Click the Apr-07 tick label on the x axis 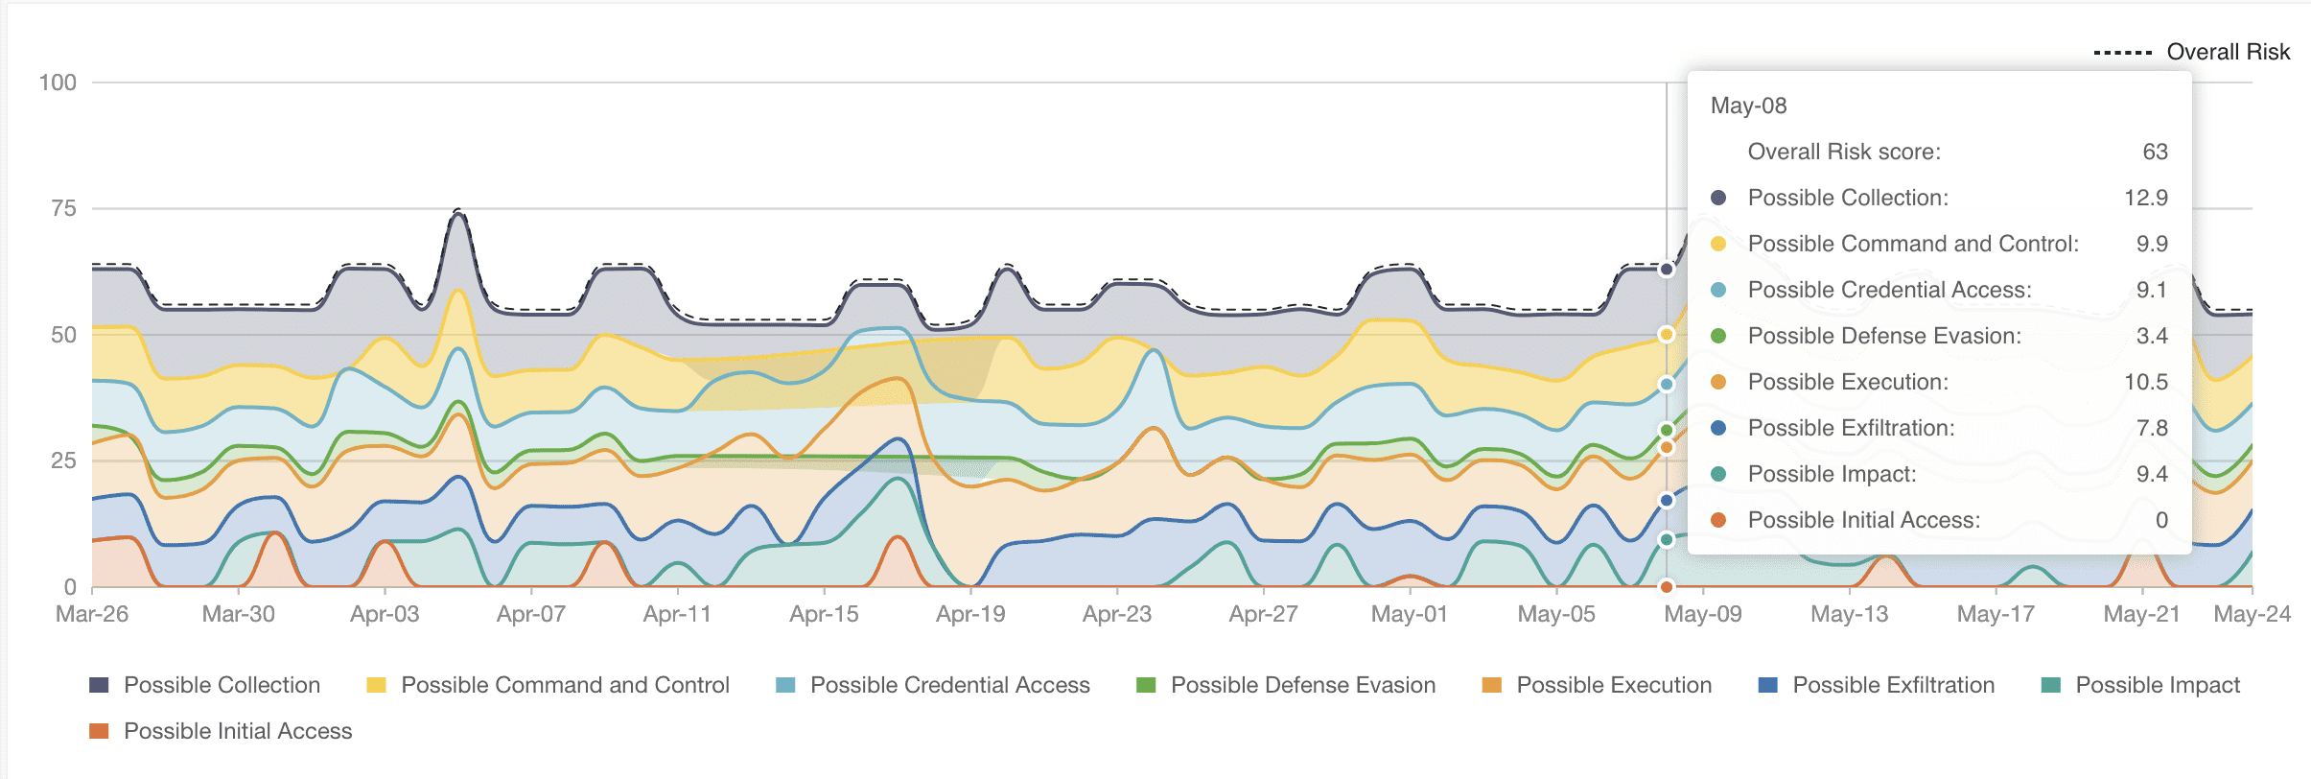[530, 614]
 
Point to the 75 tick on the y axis [63, 208]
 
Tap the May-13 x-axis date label [1849, 614]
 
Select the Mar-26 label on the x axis [92, 614]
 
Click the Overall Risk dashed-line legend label [2228, 52]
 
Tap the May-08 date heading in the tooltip [1748, 106]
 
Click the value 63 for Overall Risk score [2155, 152]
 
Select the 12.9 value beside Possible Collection [2145, 198]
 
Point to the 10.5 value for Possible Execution [2145, 382]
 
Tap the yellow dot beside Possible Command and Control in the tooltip [1718, 244]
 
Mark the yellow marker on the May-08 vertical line [1667, 335]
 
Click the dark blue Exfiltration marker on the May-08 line [1667, 500]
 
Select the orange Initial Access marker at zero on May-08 [1667, 586]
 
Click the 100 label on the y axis [58, 83]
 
